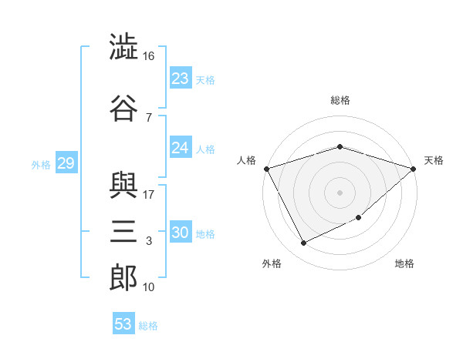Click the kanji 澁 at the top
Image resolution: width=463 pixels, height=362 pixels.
click(123, 46)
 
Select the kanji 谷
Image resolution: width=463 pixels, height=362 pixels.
click(123, 108)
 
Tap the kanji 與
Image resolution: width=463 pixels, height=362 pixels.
click(123, 186)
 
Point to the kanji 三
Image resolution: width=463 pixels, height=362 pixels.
click(123, 231)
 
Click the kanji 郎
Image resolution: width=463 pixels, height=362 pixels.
click(123, 278)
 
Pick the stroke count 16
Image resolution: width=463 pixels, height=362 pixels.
click(148, 56)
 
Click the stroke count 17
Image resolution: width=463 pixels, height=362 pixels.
click(148, 195)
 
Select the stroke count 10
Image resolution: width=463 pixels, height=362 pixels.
click(148, 287)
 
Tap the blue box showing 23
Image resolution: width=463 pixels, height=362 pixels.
click(181, 78)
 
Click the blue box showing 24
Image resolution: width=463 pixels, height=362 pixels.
click(181, 147)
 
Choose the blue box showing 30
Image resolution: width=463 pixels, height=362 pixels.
click(181, 231)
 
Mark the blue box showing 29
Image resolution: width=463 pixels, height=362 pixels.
click(66, 163)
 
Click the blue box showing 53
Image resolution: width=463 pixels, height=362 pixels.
click(123, 323)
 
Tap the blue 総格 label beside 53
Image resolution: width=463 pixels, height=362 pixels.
click(148, 326)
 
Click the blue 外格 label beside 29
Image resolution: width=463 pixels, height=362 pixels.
click(41, 165)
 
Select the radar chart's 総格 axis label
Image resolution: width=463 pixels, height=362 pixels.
click(340, 100)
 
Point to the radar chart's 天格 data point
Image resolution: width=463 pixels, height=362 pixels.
click(414, 169)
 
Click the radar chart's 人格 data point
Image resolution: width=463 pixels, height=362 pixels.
click(267, 169)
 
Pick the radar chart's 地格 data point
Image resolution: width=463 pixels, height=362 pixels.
click(359, 217)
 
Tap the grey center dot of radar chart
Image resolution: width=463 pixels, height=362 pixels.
click(340, 193)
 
